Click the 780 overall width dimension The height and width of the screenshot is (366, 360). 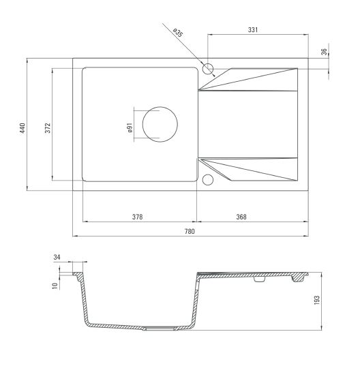[x=190, y=231]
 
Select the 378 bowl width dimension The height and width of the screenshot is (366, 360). [x=137, y=217]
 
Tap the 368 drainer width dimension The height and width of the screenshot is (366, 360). [x=241, y=217]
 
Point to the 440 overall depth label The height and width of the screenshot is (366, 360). [x=22, y=128]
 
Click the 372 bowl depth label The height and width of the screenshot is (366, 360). [x=48, y=127]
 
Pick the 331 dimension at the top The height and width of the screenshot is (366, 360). [x=253, y=30]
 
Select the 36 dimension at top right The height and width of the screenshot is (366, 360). [x=324, y=52]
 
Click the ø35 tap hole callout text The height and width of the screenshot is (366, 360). [x=178, y=33]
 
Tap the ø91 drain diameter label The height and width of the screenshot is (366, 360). [x=130, y=127]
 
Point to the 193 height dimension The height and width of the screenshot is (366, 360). [x=316, y=300]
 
